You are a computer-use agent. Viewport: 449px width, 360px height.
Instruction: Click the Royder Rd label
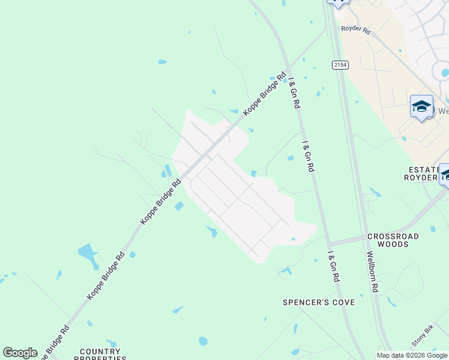pos(355,29)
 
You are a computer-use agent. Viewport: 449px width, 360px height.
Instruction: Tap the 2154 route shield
pos(340,64)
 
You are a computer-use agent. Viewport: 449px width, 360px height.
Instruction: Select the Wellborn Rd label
pos(372,272)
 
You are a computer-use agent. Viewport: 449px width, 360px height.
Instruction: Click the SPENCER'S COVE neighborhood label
pos(319,302)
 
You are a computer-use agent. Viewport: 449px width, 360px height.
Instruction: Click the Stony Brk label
pos(423,336)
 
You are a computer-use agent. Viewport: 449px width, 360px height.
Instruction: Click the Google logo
pos(20,353)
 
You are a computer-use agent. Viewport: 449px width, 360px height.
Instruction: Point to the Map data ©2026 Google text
pos(412,355)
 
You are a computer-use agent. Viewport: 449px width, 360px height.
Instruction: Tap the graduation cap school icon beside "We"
pos(421,107)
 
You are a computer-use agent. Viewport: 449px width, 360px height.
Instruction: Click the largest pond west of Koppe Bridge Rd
pos(88,255)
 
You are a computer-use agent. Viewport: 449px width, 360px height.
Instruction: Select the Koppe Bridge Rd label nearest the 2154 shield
pos(264,94)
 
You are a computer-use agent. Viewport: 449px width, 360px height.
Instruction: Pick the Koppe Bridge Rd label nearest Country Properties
pos(56,341)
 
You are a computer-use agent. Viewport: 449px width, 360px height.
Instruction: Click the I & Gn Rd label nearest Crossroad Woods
pos(334,267)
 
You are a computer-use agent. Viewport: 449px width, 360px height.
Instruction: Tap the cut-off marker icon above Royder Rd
pos(338,3)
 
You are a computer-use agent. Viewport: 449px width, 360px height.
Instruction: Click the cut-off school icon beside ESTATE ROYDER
pos(445,174)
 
